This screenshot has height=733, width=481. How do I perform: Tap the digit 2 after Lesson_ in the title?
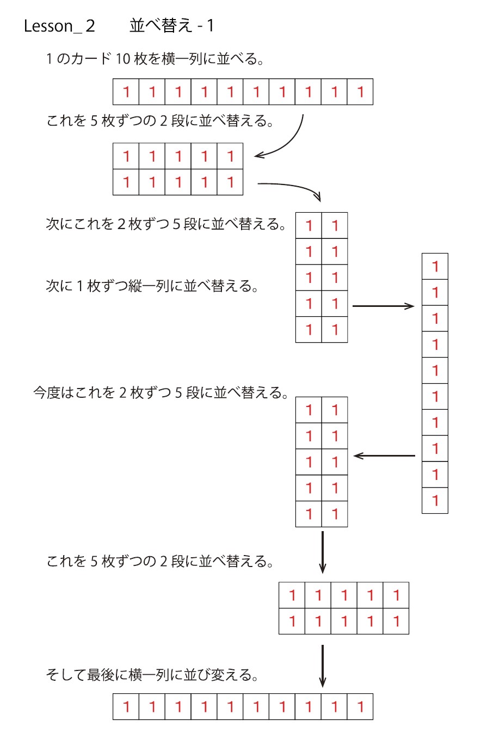click(x=90, y=26)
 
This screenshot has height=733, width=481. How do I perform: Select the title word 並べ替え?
click(x=161, y=26)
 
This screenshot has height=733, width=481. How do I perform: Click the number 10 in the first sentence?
click(x=123, y=59)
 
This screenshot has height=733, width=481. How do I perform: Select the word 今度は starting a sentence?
click(x=54, y=392)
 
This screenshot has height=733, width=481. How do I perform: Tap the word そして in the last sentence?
click(x=66, y=675)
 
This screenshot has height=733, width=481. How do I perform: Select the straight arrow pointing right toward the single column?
click(x=383, y=306)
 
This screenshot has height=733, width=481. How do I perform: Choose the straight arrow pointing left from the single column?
click(x=384, y=455)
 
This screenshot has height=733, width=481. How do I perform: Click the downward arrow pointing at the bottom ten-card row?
click(x=322, y=666)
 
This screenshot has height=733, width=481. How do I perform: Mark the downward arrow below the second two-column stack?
click(x=322, y=552)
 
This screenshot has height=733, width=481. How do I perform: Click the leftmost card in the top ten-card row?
click(x=126, y=91)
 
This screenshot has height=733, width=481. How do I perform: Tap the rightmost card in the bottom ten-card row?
click(x=360, y=706)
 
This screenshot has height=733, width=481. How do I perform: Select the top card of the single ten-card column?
click(x=435, y=266)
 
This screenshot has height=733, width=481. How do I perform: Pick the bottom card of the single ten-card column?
click(x=435, y=500)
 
